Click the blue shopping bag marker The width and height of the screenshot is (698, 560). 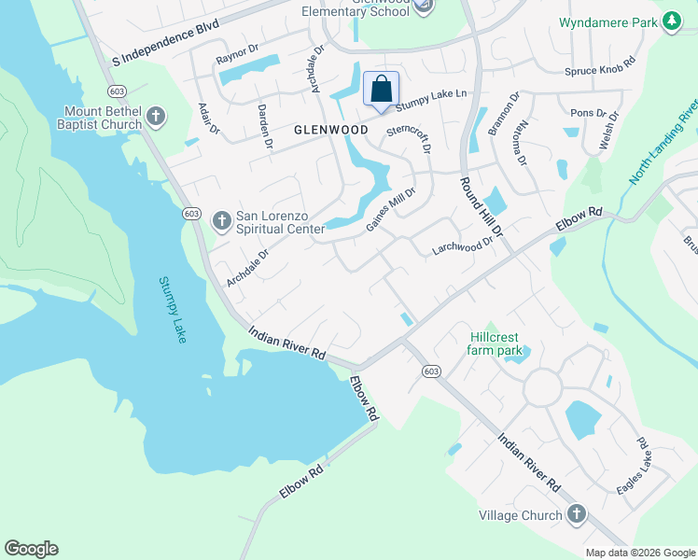(x=381, y=91)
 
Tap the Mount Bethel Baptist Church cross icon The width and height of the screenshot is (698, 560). (x=156, y=118)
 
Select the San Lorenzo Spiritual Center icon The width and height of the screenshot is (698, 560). (x=221, y=220)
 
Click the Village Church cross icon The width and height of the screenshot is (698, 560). (x=577, y=514)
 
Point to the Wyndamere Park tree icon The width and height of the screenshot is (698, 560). (x=671, y=22)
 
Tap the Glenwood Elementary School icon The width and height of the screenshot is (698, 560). (x=424, y=7)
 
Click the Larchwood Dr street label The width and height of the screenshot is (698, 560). (x=462, y=245)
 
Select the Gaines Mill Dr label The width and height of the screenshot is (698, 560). (x=390, y=210)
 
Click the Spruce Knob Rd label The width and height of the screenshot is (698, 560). (x=599, y=71)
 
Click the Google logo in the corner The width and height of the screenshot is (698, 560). (x=31, y=549)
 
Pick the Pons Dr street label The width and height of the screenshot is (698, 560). (x=588, y=113)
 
